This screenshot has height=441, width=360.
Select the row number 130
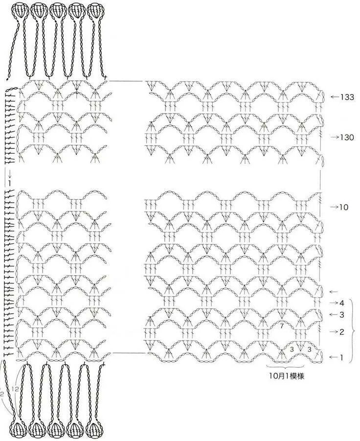(347, 137)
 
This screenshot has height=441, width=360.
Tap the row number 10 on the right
(343, 207)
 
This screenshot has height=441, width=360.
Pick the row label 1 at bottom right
(341, 358)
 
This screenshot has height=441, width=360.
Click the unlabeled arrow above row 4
(335, 292)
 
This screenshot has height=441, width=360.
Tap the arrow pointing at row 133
(335, 97)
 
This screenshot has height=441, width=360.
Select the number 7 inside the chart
(282, 325)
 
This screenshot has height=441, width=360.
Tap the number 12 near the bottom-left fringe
(16, 388)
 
